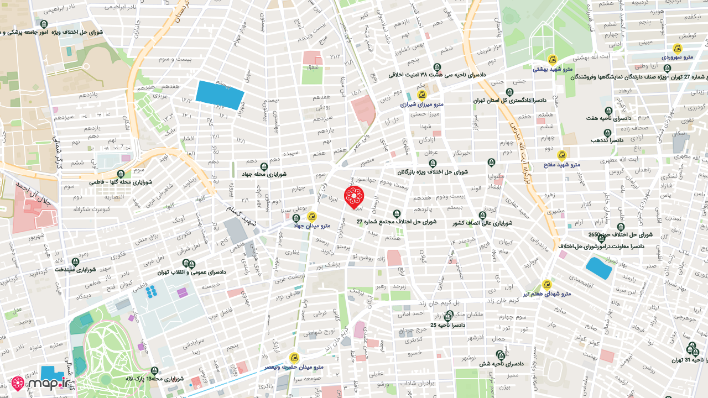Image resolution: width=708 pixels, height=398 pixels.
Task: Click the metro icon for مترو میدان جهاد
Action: (312, 217)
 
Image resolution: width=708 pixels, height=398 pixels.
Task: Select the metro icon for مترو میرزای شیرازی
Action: (421, 95)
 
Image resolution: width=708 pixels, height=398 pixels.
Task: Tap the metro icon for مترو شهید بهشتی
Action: (551, 60)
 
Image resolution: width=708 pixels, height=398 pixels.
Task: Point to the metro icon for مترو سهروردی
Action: (677, 49)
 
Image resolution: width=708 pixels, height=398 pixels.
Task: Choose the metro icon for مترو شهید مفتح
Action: (562, 155)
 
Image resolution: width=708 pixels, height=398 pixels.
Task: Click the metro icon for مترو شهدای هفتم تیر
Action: (547, 285)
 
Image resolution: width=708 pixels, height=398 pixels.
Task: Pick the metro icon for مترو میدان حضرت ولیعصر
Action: (294, 358)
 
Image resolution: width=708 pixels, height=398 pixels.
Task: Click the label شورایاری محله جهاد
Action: (264, 174)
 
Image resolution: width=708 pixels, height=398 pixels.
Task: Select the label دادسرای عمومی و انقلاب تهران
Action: (192, 272)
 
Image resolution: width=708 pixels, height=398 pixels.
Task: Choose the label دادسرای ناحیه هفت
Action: (608, 118)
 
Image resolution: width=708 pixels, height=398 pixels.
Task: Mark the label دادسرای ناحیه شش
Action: (501, 363)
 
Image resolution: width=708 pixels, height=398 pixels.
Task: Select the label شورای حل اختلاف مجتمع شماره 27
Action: (396, 222)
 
